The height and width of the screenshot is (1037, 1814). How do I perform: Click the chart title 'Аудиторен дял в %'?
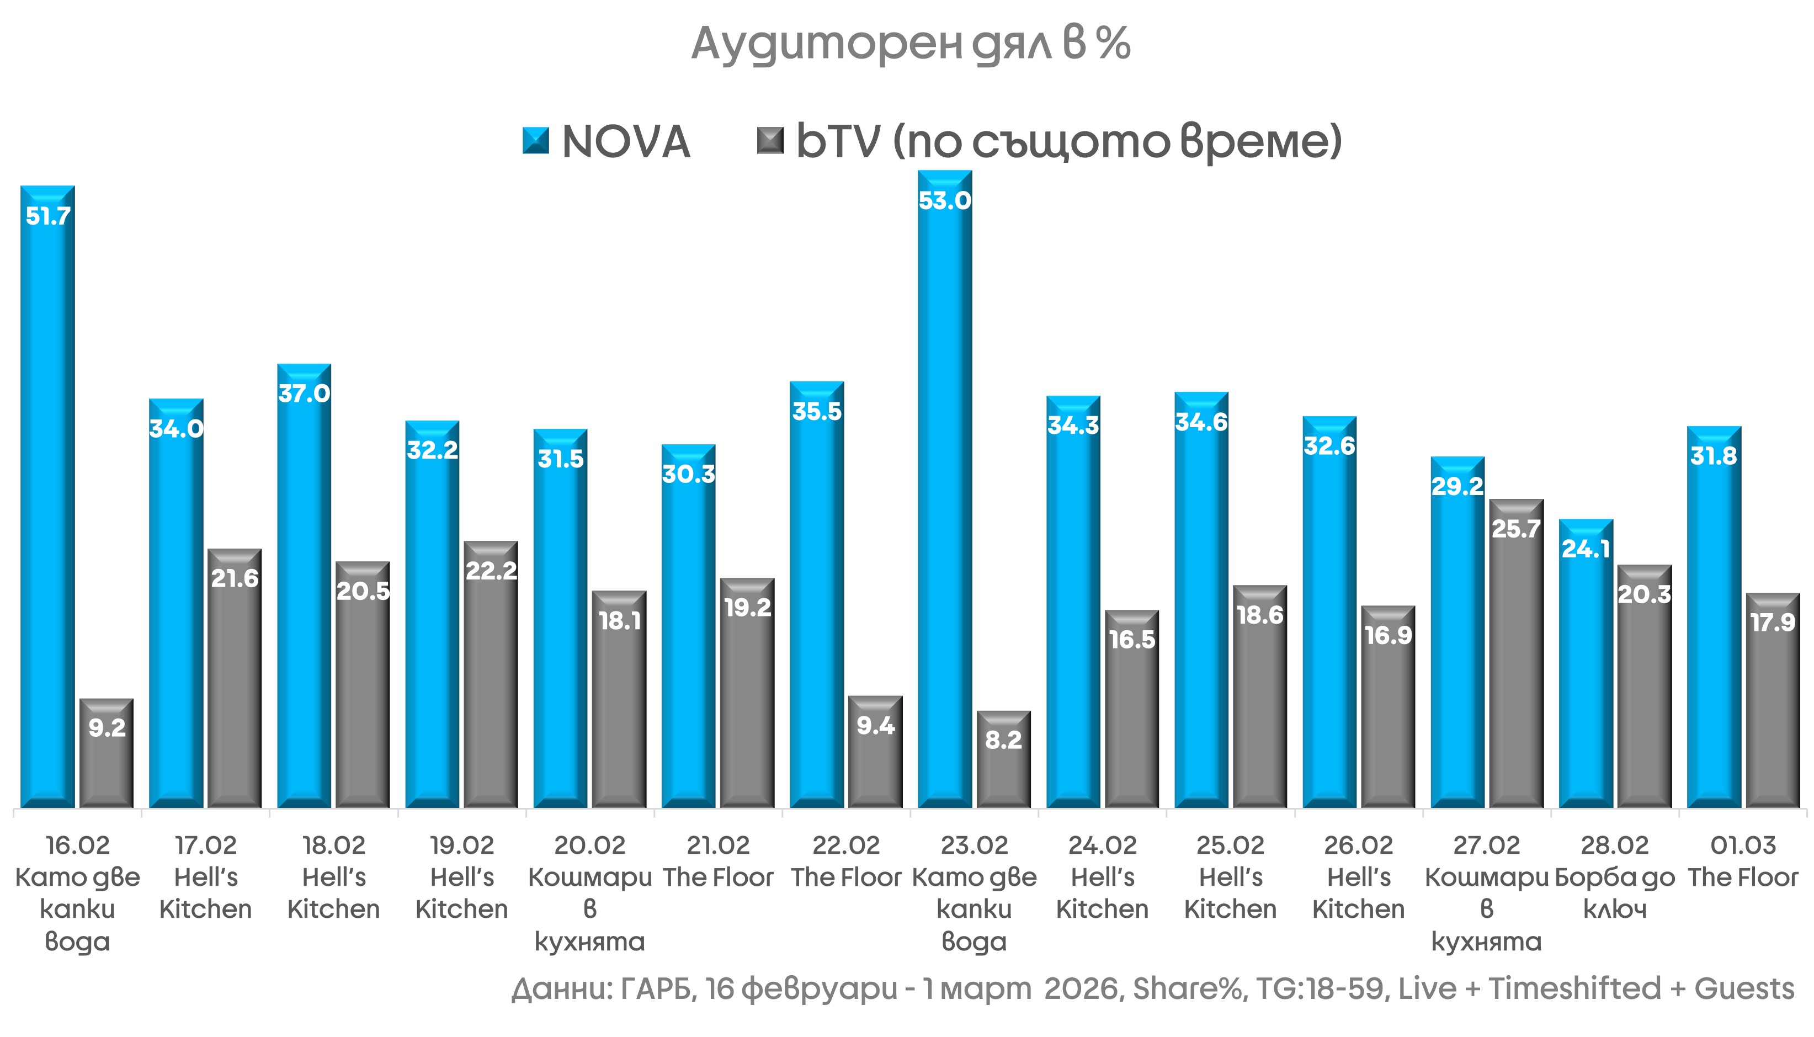click(910, 44)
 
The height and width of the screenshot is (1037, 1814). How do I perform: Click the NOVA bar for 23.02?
click(944, 498)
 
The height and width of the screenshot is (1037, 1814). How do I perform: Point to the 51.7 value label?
click(47, 216)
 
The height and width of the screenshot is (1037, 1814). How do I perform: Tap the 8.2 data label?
click(1003, 740)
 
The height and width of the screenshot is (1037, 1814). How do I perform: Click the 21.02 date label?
click(718, 845)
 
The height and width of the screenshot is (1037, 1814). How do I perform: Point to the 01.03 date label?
click(1743, 845)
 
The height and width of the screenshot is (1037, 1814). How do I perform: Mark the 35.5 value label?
click(817, 412)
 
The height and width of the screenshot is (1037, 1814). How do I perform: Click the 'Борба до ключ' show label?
click(1615, 893)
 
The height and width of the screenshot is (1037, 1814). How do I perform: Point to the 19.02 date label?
click(461, 845)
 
